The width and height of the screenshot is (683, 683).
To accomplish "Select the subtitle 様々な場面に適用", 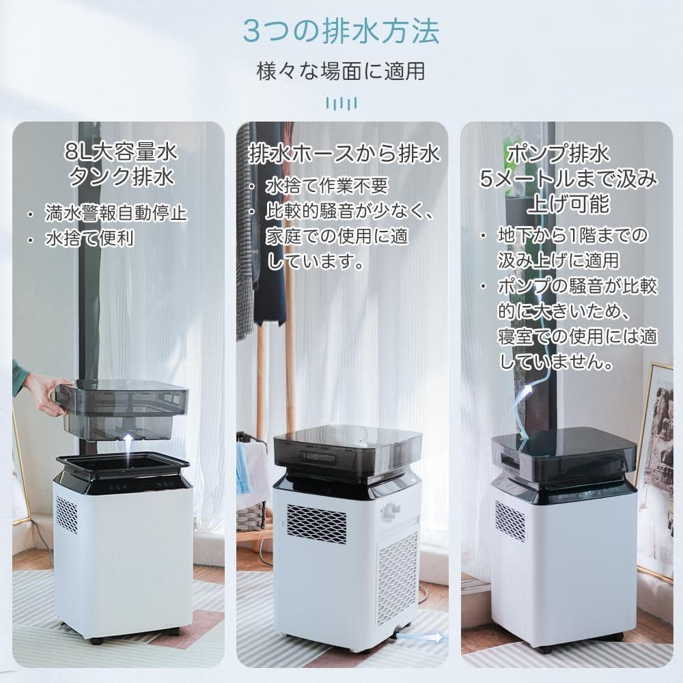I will (341, 70).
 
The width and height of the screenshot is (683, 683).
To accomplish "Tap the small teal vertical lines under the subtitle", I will (341, 103).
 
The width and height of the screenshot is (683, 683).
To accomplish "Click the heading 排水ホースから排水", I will (344, 154).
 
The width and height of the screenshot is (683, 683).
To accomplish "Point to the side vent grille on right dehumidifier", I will (510, 521).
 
